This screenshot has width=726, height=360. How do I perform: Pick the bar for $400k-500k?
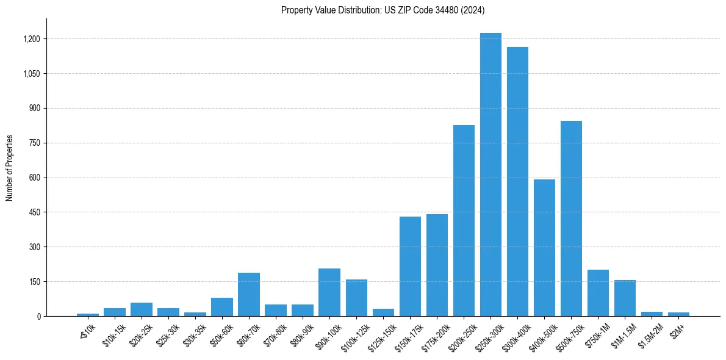pyautogui.click(x=544, y=248)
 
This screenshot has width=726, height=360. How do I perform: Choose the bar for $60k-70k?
pyautogui.click(x=249, y=294)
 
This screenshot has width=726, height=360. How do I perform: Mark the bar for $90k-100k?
pyautogui.click(x=329, y=292)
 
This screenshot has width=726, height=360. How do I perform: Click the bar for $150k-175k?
pyautogui.click(x=410, y=266)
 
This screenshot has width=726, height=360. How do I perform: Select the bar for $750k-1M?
pyautogui.click(x=598, y=293)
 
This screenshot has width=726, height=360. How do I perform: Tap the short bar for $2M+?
pyautogui.click(x=678, y=314)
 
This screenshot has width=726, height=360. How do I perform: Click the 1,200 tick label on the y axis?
pyautogui.click(x=31, y=39)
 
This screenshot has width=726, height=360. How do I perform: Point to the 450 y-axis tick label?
pyautogui.click(x=35, y=212)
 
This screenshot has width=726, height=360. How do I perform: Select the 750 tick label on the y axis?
pyautogui.click(x=35, y=143)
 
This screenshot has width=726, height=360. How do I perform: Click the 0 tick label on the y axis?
pyautogui.click(x=38, y=316)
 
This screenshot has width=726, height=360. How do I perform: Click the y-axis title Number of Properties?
pyautogui.click(x=10, y=168)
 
